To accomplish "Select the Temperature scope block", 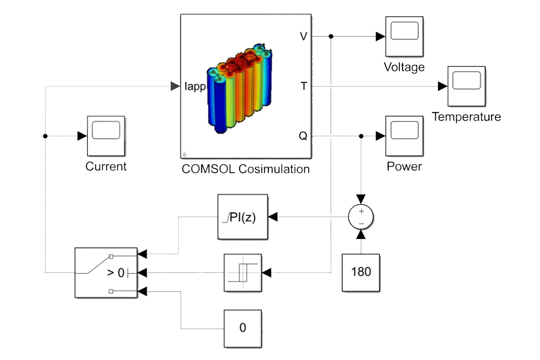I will coord(466,86).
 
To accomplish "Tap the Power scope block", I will coord(403,135).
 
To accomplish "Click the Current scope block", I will coord(106,135).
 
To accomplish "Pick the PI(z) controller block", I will coord(243,217).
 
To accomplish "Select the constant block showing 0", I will coord(243,328).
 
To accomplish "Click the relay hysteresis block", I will coord(243,272).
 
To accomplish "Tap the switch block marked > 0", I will coord(106,272).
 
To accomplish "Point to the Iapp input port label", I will coord(195,86).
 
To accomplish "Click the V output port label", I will coord(303,37).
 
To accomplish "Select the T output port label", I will coord(303,86).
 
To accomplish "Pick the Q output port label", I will coord(303,135).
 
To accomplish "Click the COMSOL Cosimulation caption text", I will coord(245,169).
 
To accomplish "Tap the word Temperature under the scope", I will coord(466,117).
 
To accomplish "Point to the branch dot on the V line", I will coord(332,37).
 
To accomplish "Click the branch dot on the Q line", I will coord(361,135).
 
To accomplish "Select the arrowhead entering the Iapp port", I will coord(175,86).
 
